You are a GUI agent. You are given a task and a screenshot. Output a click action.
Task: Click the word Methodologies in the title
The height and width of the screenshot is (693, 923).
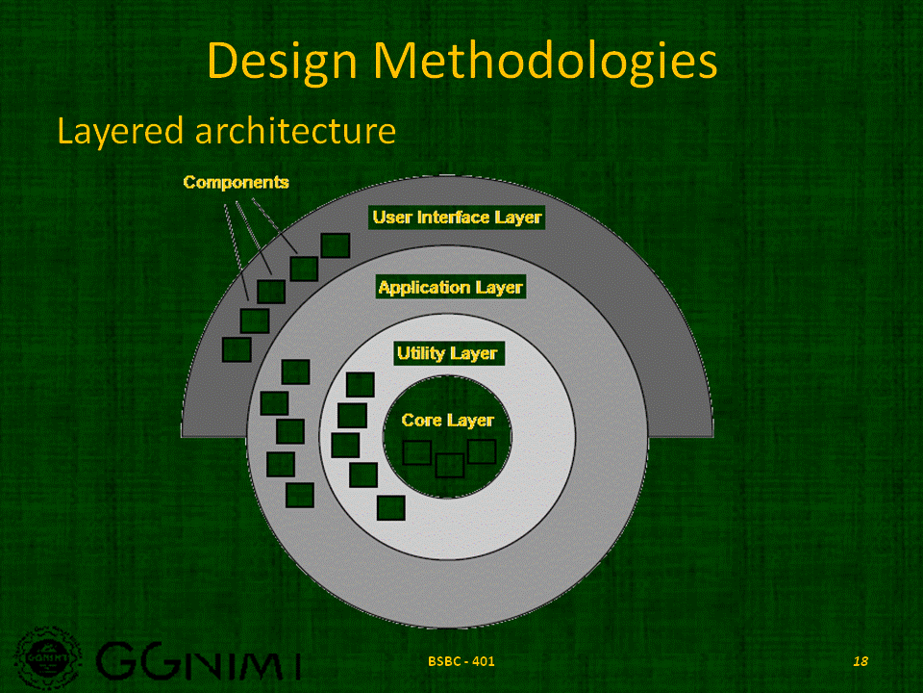click(x=546, y=62)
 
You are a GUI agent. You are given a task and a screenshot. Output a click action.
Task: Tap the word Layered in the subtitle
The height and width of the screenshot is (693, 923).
click(x=120, y=131)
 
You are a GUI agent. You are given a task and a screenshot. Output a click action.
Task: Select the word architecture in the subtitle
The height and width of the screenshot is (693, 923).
click(x=295, y=131)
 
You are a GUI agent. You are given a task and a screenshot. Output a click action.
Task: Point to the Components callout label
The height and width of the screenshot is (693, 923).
click(x=236, y=182)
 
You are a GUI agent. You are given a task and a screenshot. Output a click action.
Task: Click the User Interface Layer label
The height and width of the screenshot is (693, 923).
click(x=457, y=218)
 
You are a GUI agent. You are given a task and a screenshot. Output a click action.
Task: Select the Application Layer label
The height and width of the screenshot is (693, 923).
click(x=450, y=287)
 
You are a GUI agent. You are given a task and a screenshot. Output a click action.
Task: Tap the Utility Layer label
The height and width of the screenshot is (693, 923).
click(x=446, y=353)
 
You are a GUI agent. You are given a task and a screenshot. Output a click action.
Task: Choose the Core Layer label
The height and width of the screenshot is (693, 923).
click(x=447, y=420)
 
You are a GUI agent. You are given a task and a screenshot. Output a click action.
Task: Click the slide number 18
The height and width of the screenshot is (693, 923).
click(x=860, y=661)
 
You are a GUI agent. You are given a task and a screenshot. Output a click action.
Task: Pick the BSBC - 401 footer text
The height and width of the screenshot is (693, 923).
click(x=462, y=661)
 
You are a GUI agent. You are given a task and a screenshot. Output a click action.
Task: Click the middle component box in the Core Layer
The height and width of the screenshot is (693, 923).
click(x=449, y=465)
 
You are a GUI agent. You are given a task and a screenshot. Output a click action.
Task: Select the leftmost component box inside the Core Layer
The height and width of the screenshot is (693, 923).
click(x=416, y=452)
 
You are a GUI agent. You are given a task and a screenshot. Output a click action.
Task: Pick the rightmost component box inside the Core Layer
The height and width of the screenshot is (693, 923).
click(x=481, y=450)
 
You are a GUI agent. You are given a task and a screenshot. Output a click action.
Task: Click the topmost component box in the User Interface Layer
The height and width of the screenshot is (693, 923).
click(x=335, y=244)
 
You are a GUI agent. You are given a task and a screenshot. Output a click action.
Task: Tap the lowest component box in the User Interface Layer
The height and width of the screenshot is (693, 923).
click(x=237, y=348)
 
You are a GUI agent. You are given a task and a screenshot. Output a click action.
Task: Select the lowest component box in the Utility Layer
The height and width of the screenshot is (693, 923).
click(x=391, y=506)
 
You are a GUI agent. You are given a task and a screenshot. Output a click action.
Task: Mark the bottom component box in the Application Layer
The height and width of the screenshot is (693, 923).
click(x=300, y=495)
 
